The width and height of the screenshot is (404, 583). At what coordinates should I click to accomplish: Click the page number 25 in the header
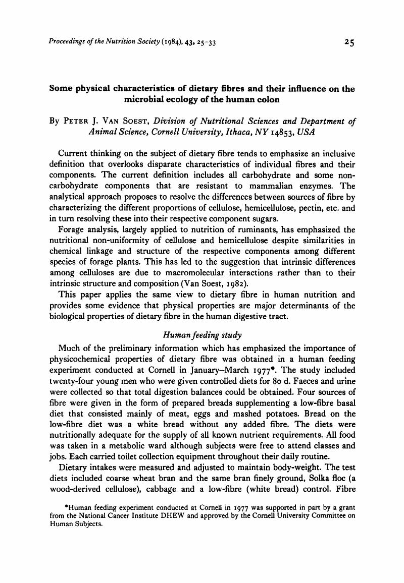click(348, 43)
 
